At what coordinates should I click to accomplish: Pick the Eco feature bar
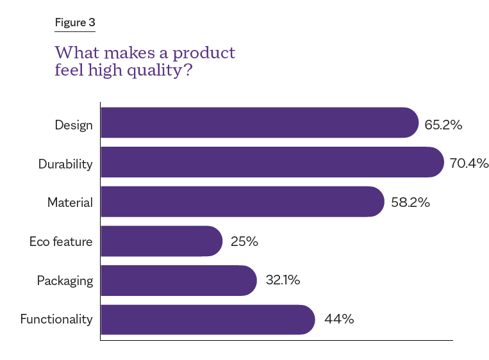coord(161,241)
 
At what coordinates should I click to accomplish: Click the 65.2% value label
coord(443,125)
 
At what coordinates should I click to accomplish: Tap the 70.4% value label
coord(468,163)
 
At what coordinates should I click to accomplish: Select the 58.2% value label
coord(410,203)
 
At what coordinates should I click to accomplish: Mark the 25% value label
coord(244,242)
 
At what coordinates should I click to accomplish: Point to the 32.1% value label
coord(283,281)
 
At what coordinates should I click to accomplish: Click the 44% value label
coord(339,319)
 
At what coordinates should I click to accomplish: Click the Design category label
coord(74,125)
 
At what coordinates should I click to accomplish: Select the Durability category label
coord(65,164)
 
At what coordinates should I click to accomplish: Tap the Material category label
coord(70,203)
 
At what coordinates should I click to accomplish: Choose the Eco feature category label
coord(61,242)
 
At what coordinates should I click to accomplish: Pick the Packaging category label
coord(65,281)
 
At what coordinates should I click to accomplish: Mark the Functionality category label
coord(56,319)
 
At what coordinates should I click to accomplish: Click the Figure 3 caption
coord(74,23)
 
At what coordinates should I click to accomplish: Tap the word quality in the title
coord(156,70)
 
